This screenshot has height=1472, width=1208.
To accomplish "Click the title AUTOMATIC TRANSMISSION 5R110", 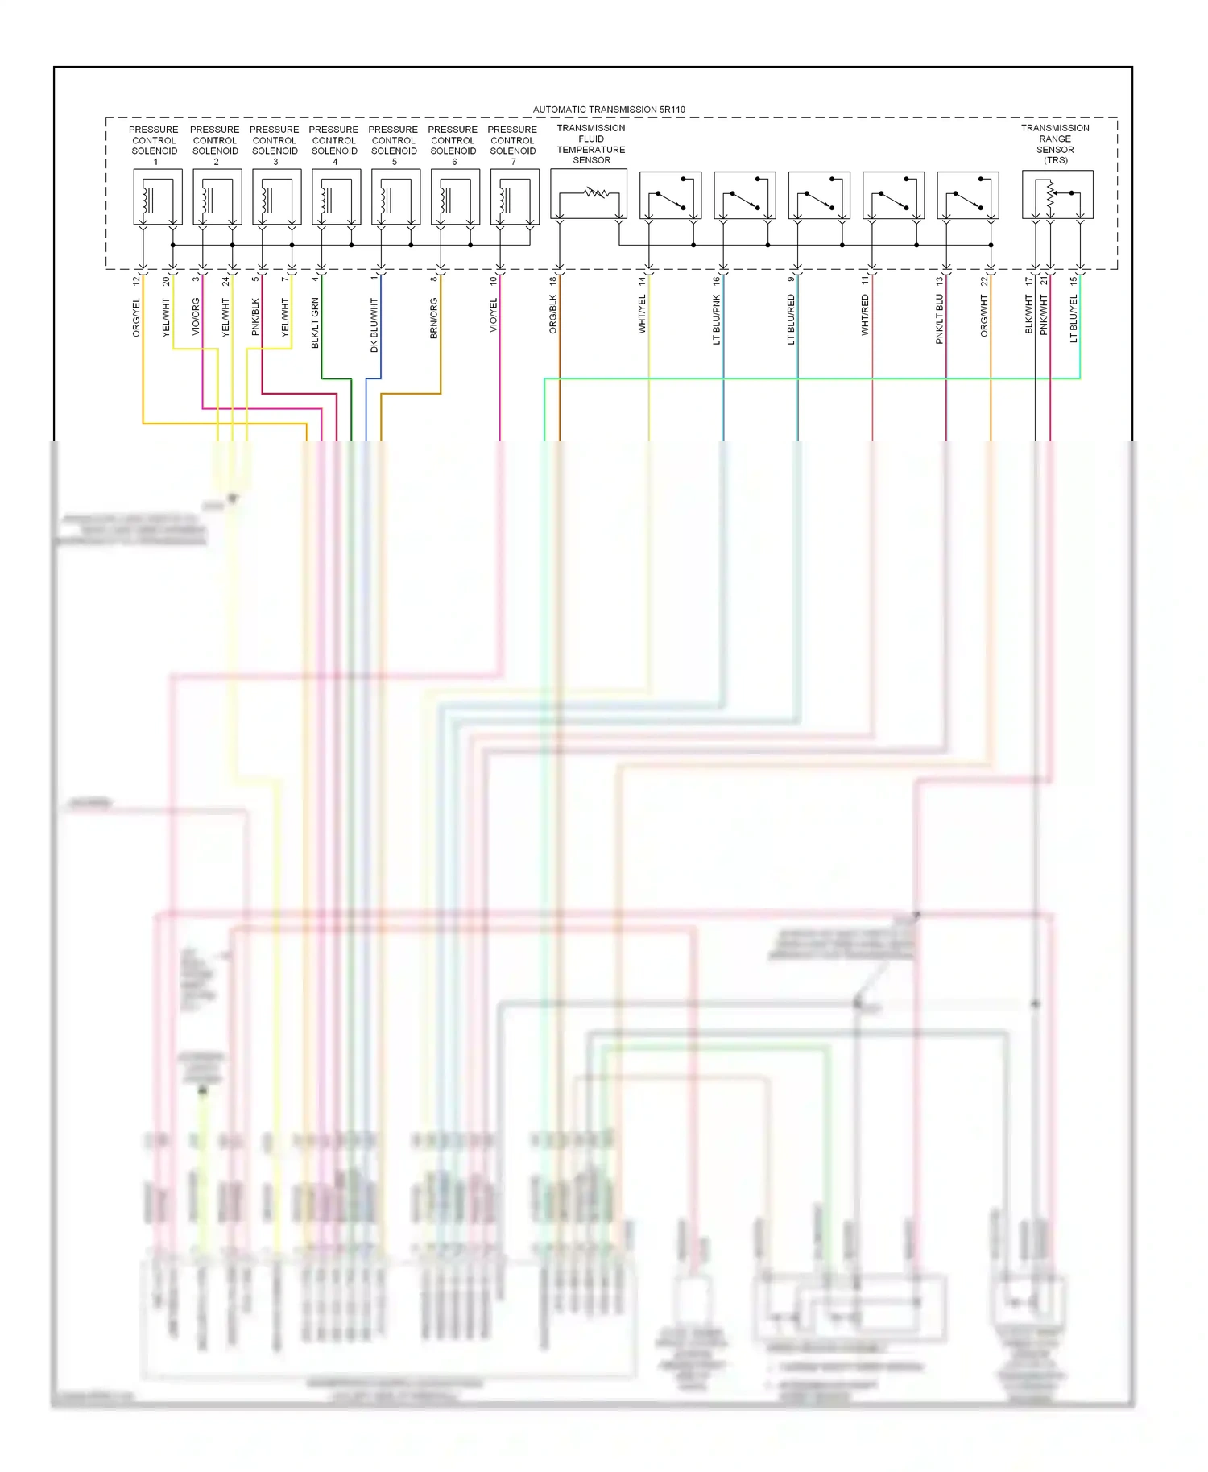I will pyautogui.click(x=609, y=110).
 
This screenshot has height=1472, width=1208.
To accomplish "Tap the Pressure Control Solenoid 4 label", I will pyautogui.click(x=334, y=145).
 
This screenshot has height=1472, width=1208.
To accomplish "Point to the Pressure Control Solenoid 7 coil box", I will pyautogui.click(x=515, y=196).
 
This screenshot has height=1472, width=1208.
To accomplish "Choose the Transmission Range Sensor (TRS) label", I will pyautogui.click(x=1055, y=144).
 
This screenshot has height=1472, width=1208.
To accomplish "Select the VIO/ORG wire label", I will pyautogui.click(x=196, y=316).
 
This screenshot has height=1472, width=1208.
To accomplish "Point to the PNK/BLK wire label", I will pyautogui.click(x=255, y=316).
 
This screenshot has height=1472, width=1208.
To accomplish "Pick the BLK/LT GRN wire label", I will pyautogui.click(x=315, y=322).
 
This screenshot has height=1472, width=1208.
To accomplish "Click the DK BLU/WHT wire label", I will pyautogui.click(x=374, y=325).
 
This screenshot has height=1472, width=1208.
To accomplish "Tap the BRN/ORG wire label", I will pyautogui.click(x=434, y=317).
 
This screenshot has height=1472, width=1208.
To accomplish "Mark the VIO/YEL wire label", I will pyautogui.click(x=494, y=315).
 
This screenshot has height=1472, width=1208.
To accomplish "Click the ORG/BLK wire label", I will pyautogui.click(x=553, y=314).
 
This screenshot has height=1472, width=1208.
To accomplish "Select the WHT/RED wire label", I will pyautogui.click(x=865, y=314).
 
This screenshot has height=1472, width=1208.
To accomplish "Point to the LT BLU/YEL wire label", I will pyautogui.click(x=1073, y=319).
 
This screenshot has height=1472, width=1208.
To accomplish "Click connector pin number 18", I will pyautogui.click(x=553, y=281).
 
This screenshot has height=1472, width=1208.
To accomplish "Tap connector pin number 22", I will pyautogui.click(x=984, y=281).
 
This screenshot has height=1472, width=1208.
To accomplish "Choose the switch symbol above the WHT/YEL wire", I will pyautogui.click(x=670, y=196).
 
